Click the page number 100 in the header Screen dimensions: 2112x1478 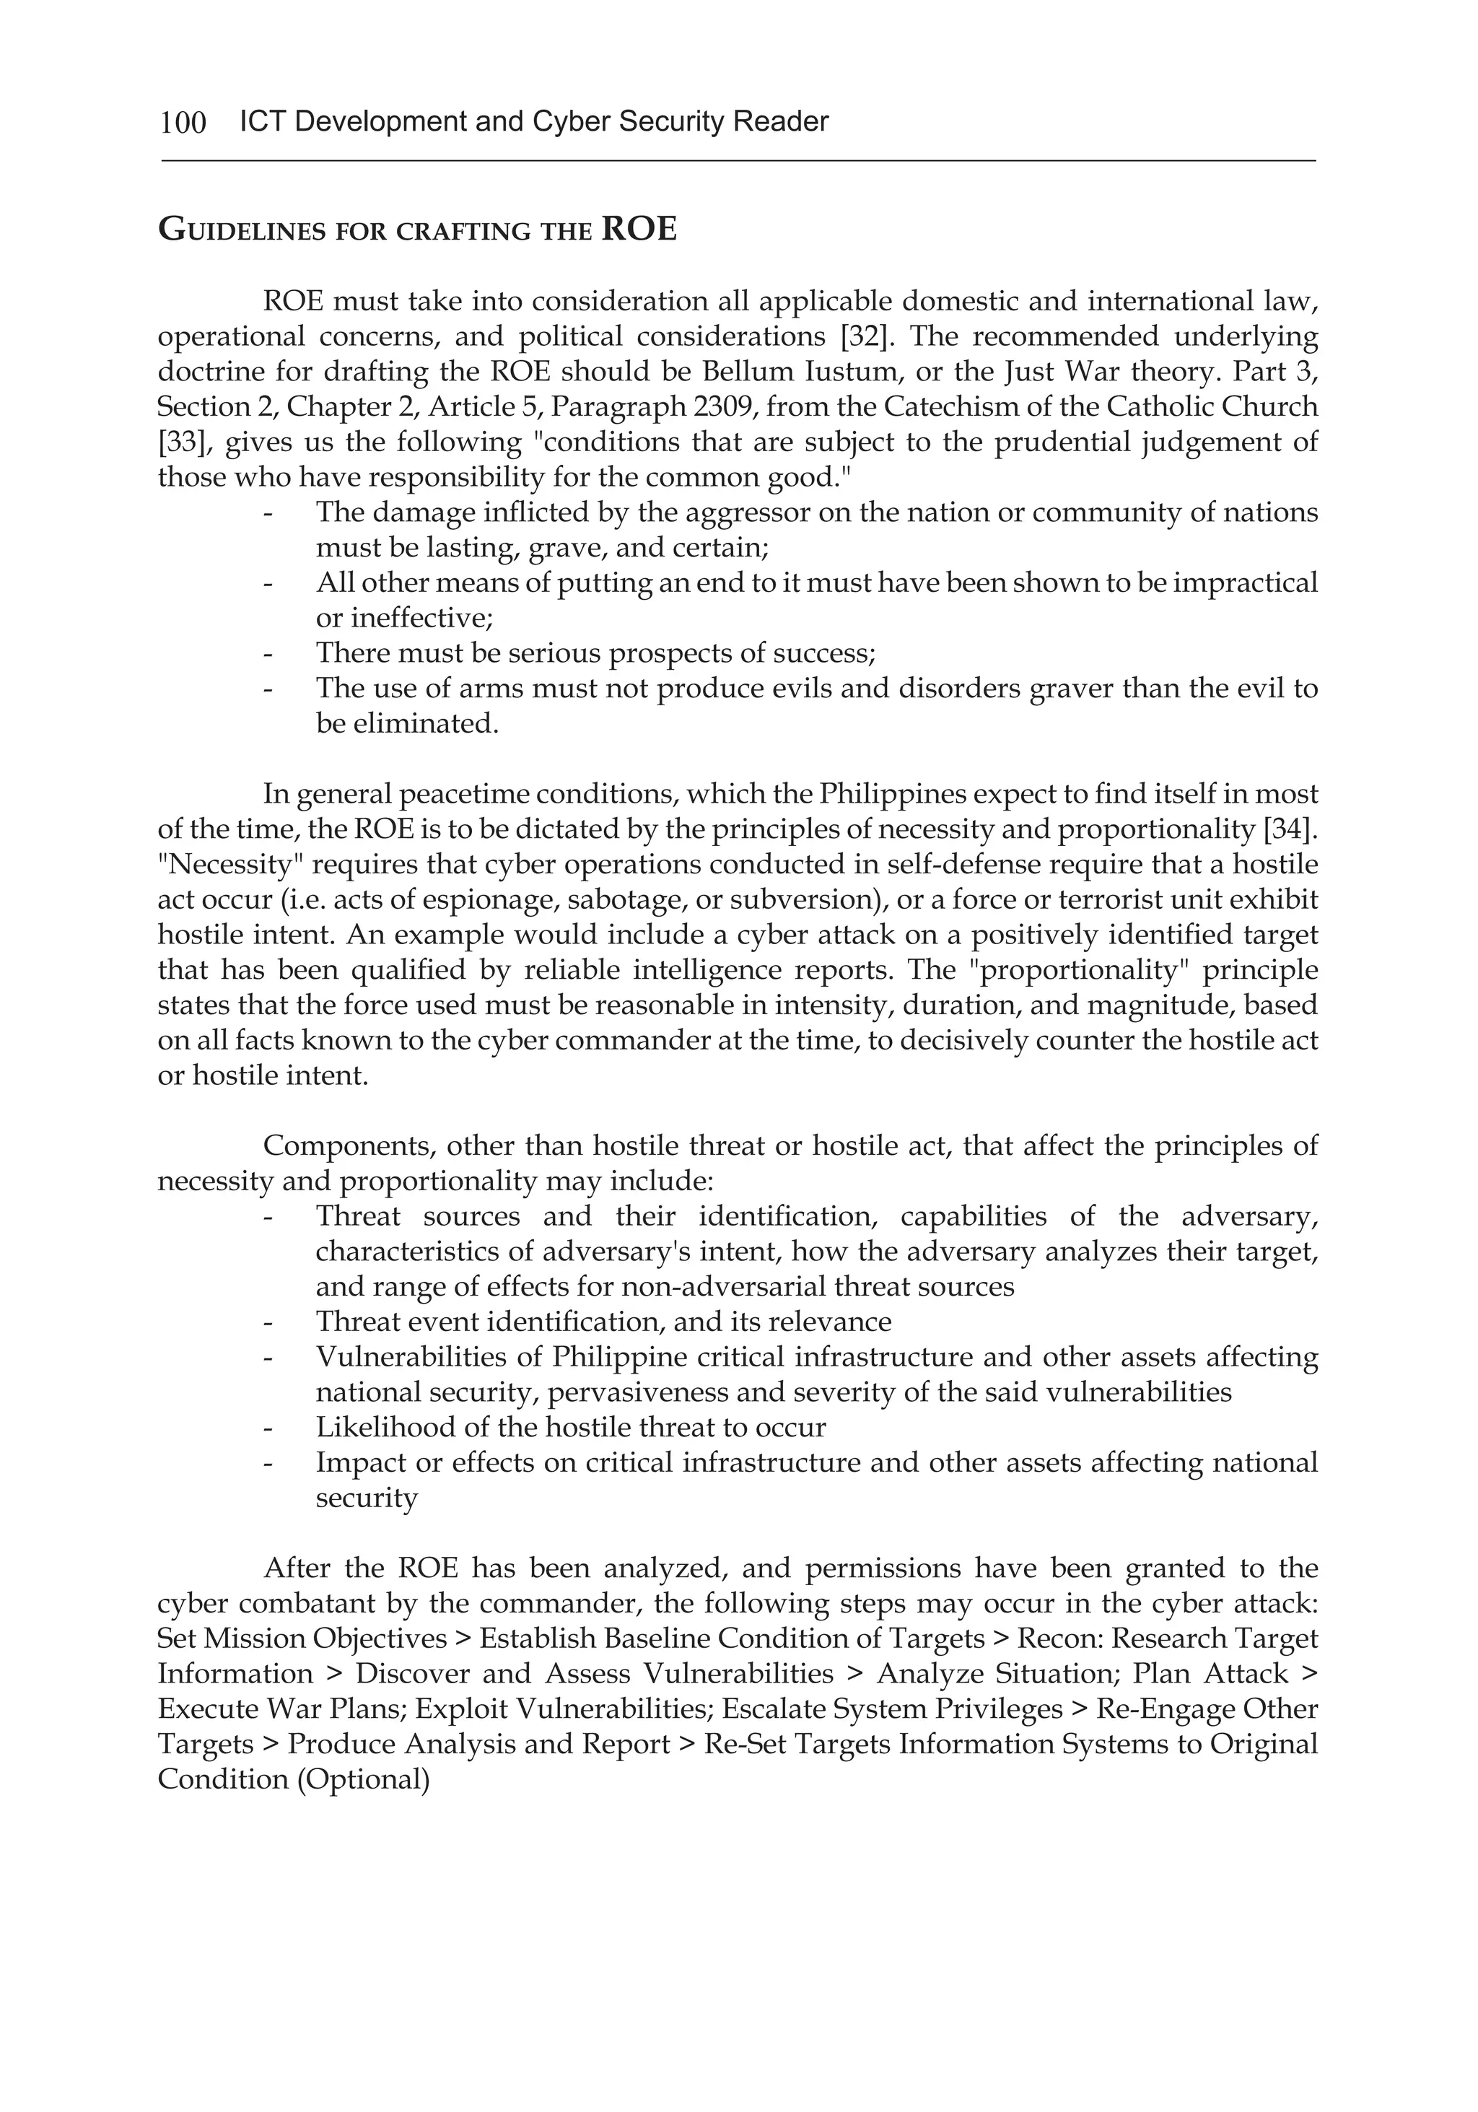[183, 122]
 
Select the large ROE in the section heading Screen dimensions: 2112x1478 [638, 228]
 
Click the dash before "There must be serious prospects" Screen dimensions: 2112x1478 [268, 654]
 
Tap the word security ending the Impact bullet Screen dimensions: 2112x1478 [366, 1498]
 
